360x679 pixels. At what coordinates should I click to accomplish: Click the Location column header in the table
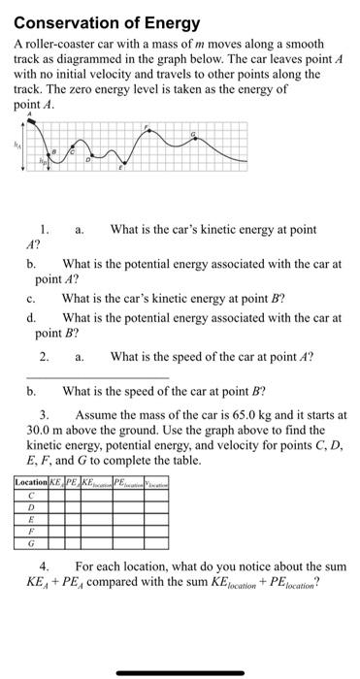[31, 482]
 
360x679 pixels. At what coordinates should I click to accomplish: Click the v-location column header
[158, 482]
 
